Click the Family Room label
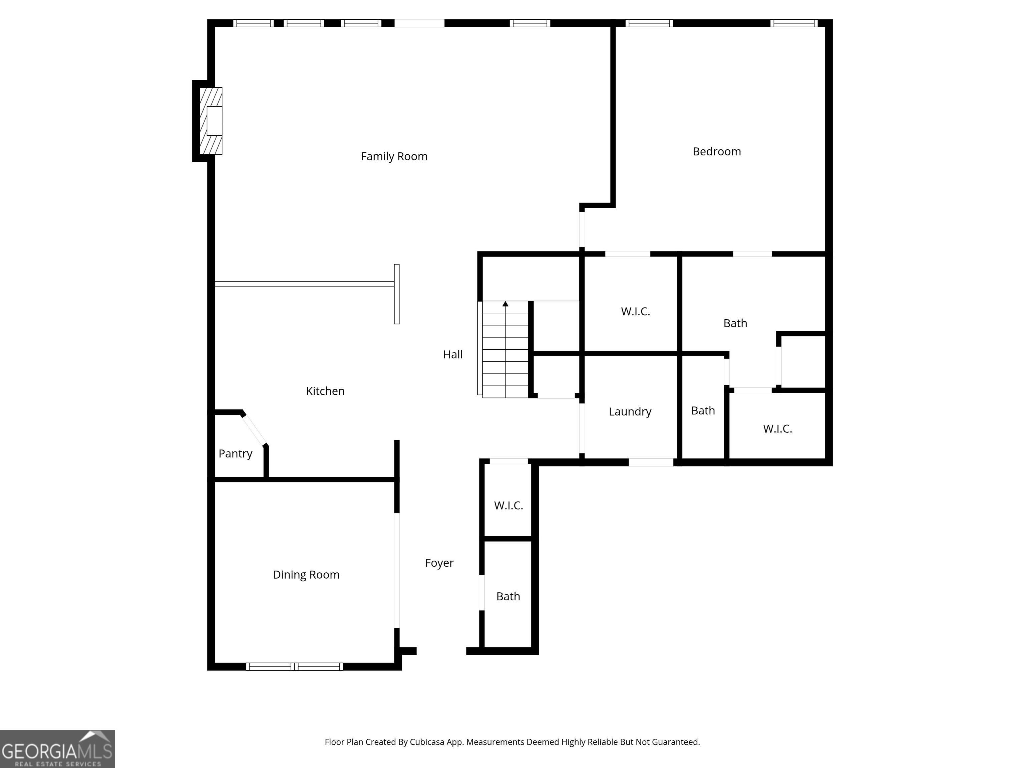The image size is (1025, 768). pos(394,156)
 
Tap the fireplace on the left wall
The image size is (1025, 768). pos(211,121)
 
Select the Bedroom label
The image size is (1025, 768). pos(716,151)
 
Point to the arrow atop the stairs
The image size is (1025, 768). pos(505,304)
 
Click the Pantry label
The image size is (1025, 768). pos(236,453)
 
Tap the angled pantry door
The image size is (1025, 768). pos(254,430)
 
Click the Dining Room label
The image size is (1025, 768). pos(306,574)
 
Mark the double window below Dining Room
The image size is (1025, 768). pos(295,667)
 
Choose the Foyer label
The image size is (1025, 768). pos(439,563)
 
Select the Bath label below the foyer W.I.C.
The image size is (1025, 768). pos(508,596)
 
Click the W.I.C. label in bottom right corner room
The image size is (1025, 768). pos(777,428)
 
